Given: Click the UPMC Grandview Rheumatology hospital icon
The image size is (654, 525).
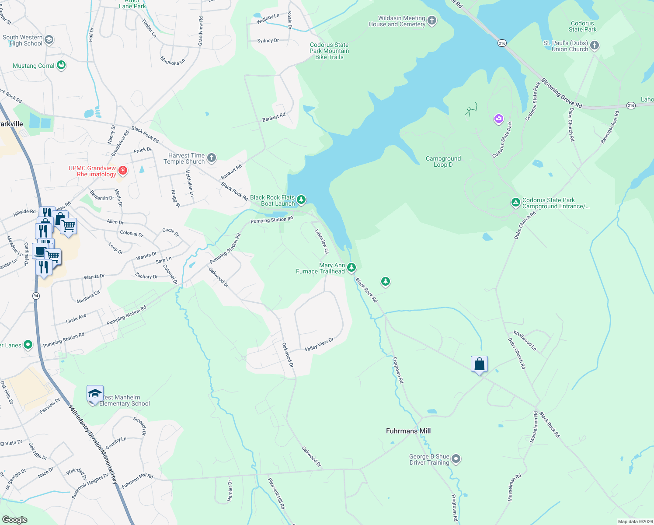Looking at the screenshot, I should pyautogui.click(x=123, y=170).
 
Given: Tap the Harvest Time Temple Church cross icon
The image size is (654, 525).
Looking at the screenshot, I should pyautogui.click(x=212, y=158).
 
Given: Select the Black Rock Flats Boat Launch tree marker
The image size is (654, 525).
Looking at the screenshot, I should pyautogui.click(x=301, y=200).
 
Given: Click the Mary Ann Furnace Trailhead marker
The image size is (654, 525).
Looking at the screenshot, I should pyautogui.click(x=351, y=267).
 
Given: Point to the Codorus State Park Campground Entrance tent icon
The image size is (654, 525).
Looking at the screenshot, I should pyautogui.click(x=516, y=203).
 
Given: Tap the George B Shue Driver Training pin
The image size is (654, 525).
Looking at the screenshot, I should pyautogui.click(x=456, y=459).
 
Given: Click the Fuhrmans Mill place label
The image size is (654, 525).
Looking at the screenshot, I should pyautogui.click(x=408, y=431).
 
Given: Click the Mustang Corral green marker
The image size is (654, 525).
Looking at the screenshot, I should pyautogui.click(x=61, y=66).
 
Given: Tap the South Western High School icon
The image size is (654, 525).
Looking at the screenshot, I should pyautogui.click(x=49, y=40).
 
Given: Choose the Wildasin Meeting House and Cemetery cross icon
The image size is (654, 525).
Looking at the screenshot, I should pyautogui.click(x=432, y=21).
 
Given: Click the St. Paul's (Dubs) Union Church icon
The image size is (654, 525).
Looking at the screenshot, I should pyautogui.click(x=595, y=45).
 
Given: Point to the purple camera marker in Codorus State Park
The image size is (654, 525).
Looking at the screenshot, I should pyautogui.click(x=498, y=119).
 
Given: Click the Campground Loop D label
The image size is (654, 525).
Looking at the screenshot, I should pyautogui.click(x=443, y=161).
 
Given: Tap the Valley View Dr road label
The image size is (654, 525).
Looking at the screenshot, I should pyautogui.click(x=319, y=344).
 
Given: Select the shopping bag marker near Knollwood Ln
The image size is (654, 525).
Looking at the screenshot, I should pyautogui.click(x=480, y=364).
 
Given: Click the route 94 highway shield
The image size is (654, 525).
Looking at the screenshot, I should pyautogui.click(x=36, y=296).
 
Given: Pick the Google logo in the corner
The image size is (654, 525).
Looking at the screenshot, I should pyautogui.click(x=15, y=520).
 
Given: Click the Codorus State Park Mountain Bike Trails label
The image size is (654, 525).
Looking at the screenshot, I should pyautogui.click(x=329, y=51).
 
